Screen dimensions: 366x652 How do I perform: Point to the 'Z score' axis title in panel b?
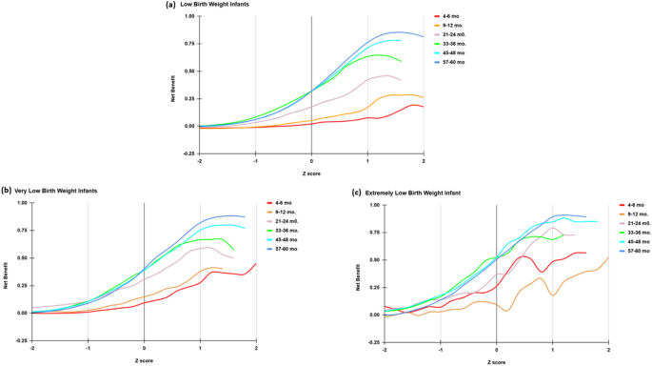pyautogui.click(x=144, y=362)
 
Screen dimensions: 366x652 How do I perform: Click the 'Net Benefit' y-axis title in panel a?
pyautogui.click(x=174, y=84)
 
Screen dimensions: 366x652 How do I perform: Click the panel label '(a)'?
pyautogui.click(x=171, y=5)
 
